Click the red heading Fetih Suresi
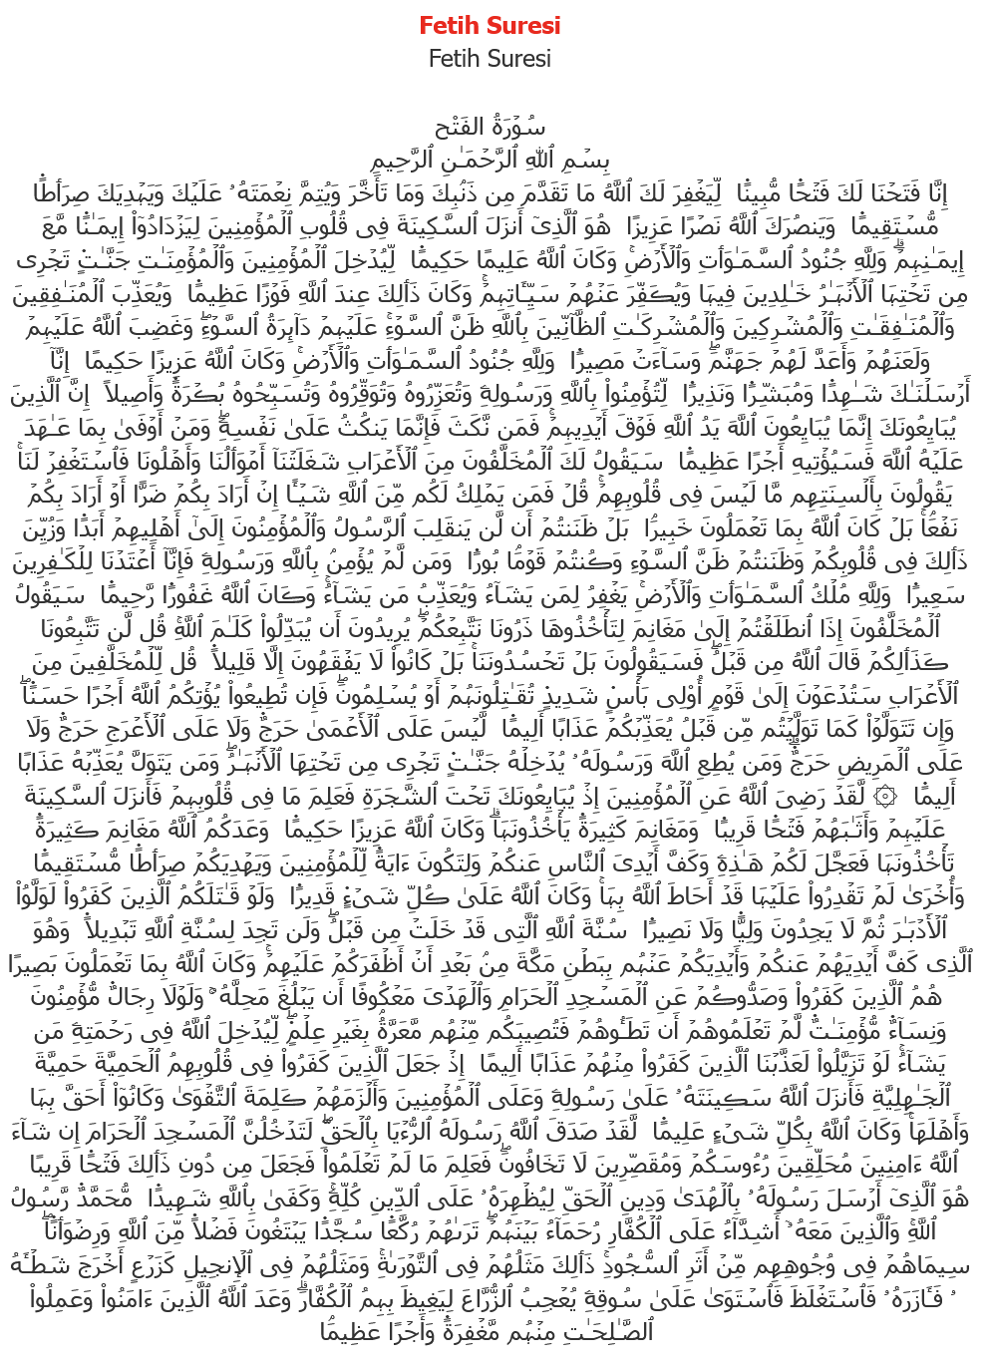[490, 25]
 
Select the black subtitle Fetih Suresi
[490, 59]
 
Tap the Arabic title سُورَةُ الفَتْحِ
[490, 128]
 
